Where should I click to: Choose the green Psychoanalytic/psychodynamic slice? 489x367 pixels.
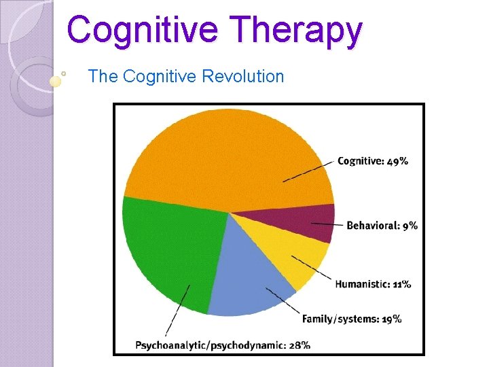click(170, 251)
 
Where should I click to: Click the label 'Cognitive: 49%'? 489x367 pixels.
click(373, 161)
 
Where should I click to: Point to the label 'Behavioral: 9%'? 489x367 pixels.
click(382, 225)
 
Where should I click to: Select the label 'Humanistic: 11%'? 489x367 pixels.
click(373, 283)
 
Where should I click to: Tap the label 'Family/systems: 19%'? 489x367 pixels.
click(351, 318)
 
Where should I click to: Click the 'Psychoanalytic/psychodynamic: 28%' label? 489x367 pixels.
click(223, 345)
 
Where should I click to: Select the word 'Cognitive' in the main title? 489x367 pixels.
click(143, 30)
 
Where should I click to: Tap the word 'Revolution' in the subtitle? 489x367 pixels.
click(242, 76)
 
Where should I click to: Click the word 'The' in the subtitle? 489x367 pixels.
click(103, 76)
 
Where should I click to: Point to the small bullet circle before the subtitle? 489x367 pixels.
click(63, 71)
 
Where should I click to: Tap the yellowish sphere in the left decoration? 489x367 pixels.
click(56, 81)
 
